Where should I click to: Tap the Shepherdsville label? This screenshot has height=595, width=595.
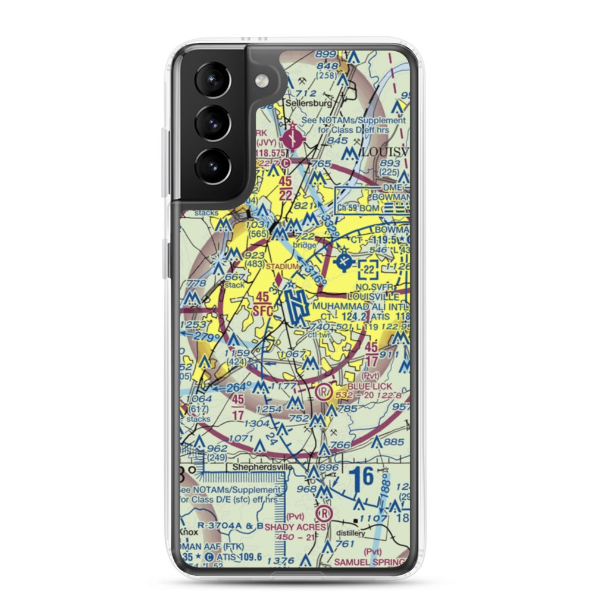(262, 468)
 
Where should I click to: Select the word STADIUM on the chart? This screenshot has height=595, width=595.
(281, 266)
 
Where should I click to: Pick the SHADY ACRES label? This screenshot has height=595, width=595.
(295, 527)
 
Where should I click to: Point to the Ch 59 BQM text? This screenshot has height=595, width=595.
(357, 208)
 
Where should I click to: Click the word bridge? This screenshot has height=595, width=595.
(305, 245)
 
